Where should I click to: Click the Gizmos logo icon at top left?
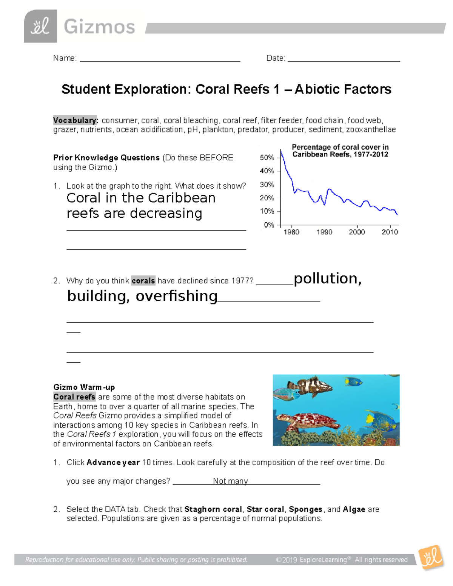[x=40, y=26]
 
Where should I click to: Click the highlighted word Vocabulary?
[x=75, y=120]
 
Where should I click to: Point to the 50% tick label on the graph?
[x=267, y=158]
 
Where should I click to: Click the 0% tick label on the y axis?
[x=269, y=225]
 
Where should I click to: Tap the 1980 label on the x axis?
[x=291, y=232]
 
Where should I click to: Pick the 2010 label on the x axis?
[x=390, y=232]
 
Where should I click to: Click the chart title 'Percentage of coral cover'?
[x=340, y=147]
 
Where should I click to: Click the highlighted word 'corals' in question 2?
[x=143, y=281]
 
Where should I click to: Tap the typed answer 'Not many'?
[x=230, y=481]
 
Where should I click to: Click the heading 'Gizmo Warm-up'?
[x=84, y=387]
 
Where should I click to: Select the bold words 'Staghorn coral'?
[x=213, y=509]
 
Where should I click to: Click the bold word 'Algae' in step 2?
[x=354, y=509]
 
